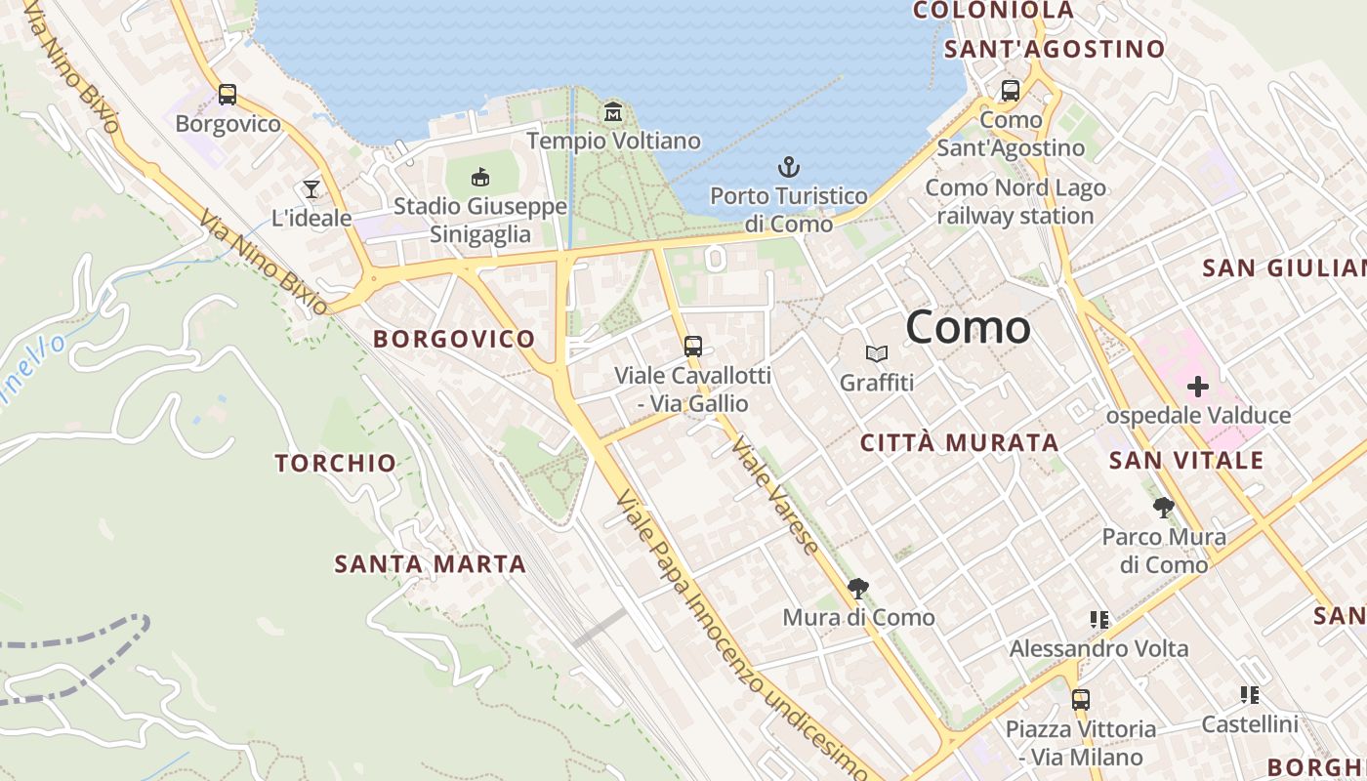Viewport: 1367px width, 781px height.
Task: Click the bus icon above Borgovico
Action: (x=228, y=95)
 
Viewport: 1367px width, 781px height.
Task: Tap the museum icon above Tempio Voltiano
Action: (x=613, y=111)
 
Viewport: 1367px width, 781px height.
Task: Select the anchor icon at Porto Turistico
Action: (x=788, y=167)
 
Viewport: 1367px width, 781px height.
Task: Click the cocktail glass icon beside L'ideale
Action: (x=311, y=188)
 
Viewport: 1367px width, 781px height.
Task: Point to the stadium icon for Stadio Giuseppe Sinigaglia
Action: (x=480, y=177)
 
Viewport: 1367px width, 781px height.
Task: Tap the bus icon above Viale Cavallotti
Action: (x=693, y=346)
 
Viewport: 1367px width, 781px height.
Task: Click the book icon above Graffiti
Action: (x=877, y=353)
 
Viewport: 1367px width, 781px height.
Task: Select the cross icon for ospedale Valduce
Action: (x=1198, y=387)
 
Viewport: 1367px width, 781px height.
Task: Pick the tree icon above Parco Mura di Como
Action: (x=1163, y=508)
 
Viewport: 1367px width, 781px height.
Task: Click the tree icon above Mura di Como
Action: (x=858, y=588)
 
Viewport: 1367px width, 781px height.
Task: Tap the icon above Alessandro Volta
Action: (x=1099, y=620)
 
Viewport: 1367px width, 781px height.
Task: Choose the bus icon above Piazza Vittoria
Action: (x=1080, y=699)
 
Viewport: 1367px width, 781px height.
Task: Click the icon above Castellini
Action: (x=1249, y=695)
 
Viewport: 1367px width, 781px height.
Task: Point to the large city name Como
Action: (x=968, y=326)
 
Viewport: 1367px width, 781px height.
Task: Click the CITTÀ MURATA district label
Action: (x=959, y=442)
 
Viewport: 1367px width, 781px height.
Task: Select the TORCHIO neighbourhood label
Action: (x=336, y=463)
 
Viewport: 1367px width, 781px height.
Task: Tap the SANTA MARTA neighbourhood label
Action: (x=430, y=563)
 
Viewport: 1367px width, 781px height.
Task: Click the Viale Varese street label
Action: (x=775, y=496)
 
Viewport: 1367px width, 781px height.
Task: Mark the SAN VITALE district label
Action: (x=1186, y=460)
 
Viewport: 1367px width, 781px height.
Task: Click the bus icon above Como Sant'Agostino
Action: (x=1011, y=91)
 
